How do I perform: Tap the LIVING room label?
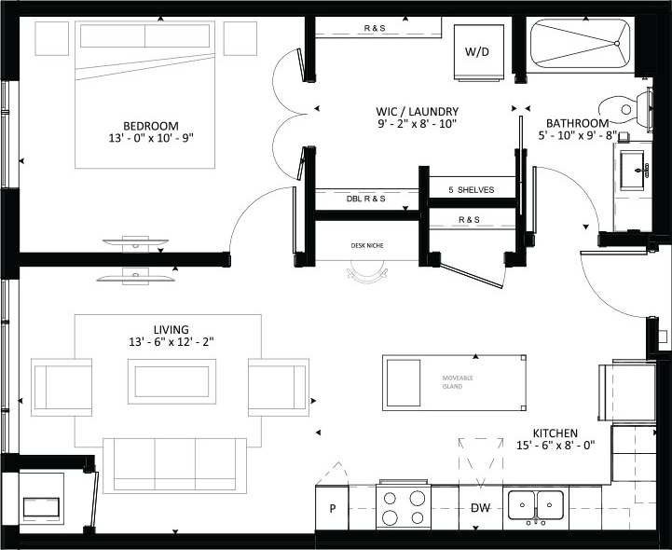pyautogui.click(x=173, y=329)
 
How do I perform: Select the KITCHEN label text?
pyautogui.click(x=556, y=433)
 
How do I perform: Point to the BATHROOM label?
pyautogui.click(x=577, y=123)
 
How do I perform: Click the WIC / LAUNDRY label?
pyautogui.click(x=417, y=111)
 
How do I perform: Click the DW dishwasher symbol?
pyautogui.click(x=479, y=508)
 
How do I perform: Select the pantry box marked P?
pyautogui.click(x=332, y=508)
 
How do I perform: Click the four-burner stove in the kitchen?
pyautogui.click(x=404, y=507)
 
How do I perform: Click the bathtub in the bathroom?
pyautogui.click(x=578, y=45)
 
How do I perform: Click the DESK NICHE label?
pyautogui.click(x=366, y=245)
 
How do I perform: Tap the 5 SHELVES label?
pyautogui.click(x=471, y=189)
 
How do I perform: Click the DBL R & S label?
pyautogui.click(x=366, y=199)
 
